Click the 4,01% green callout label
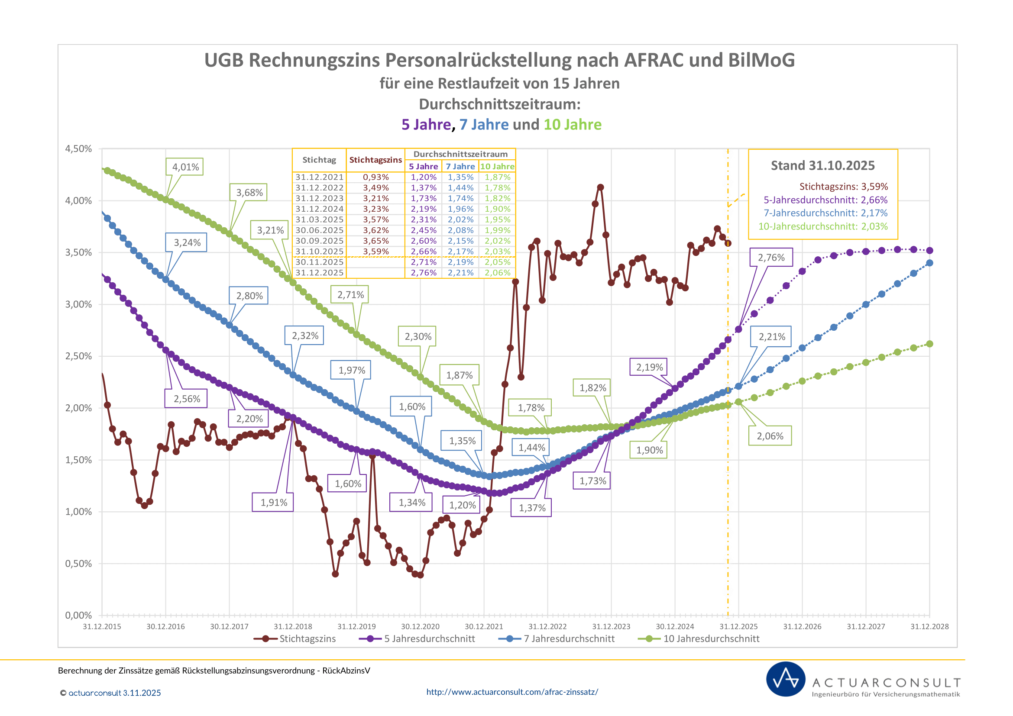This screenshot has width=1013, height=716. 185,167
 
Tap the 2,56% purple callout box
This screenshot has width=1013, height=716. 186,399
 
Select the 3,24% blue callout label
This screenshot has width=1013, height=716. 187,242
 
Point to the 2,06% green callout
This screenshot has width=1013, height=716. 770,436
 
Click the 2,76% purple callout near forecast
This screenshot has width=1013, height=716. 771,258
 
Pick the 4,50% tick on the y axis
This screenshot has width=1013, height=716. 78,148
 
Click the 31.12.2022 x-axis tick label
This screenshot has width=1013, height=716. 547,626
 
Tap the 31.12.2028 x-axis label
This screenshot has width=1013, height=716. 929,626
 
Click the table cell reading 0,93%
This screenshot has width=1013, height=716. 376,177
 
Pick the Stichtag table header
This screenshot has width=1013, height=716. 319,160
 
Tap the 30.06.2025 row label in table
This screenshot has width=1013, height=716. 319,230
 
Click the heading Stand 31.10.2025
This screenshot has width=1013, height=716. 822,165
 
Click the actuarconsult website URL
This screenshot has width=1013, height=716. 512,692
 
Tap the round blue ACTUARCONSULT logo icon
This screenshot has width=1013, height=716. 785,679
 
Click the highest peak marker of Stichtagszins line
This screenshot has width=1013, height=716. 600,187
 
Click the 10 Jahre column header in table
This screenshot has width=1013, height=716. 497,167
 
